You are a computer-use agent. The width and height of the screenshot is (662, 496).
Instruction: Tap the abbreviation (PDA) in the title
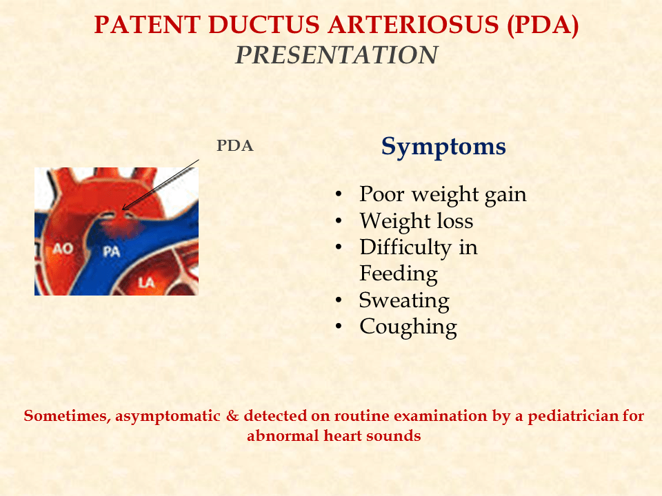tap(542, 25)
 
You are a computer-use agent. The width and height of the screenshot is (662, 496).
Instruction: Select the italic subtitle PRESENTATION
tap(337, 55)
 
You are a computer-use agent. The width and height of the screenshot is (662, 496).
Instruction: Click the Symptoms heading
tap(443, 146)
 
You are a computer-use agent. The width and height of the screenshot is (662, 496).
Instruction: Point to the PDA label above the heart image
tap(234, 146)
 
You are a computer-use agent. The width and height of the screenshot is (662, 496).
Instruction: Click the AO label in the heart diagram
tap(63, 248)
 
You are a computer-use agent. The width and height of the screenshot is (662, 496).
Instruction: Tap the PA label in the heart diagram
tap(111, 252)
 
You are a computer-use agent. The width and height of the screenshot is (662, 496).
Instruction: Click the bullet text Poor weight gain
tap(443, 194)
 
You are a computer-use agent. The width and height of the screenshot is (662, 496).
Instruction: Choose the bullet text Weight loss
tap(416, 221)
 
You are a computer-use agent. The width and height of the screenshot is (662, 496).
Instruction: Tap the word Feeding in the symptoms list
tap(398, 274)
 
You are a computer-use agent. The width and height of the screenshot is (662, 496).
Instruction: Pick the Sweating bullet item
tap(403, 300)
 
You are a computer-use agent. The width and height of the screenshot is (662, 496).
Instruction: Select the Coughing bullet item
tap(408, 327)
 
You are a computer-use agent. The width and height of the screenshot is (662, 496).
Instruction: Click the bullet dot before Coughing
tap(338, 327)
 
